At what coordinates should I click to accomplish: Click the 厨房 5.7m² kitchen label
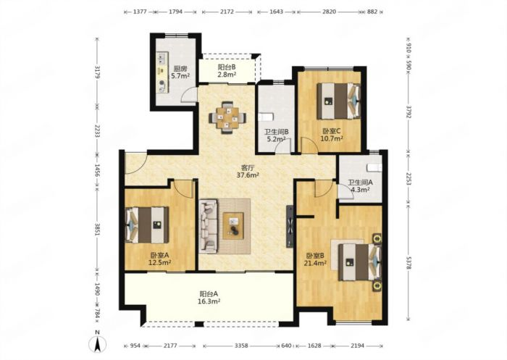point(180,72)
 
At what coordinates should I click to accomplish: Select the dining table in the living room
point(227,117)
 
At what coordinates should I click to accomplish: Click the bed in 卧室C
point(338,101)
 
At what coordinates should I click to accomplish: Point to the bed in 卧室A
point(147,225)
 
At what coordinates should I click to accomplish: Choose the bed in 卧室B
point(360,262)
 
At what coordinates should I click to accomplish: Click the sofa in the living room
point(208,226)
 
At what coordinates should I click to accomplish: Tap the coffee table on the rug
point(233,226)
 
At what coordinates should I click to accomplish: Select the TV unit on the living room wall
point(290,227)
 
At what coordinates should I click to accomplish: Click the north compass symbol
point(97,342)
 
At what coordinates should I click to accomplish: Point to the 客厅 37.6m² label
point(248,172)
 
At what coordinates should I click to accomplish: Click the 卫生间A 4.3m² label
point(360,186)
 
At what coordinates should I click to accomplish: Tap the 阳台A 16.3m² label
point(209,298)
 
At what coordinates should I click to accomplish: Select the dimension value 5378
point(408,262)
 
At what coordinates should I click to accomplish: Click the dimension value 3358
point(241,346)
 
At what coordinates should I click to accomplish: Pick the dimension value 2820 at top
point(329,12)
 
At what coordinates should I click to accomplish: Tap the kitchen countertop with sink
point(162,72)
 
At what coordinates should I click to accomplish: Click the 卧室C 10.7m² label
point(332,135)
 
